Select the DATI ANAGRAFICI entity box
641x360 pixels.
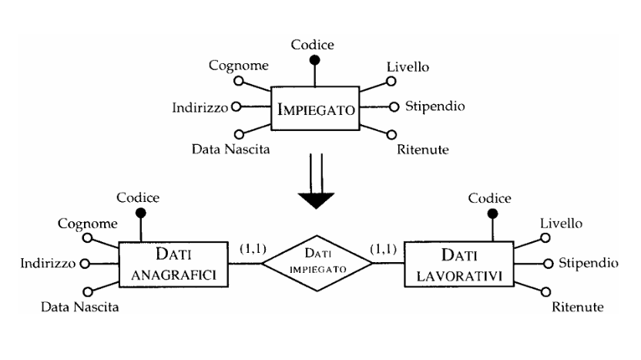click(174, 263)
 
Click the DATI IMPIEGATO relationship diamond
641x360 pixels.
click(317, 263)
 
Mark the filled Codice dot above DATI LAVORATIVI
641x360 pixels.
click(490, 214)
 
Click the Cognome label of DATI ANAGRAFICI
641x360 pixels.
click(88, 224)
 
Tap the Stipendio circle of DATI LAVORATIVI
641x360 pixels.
click(548, 264)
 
